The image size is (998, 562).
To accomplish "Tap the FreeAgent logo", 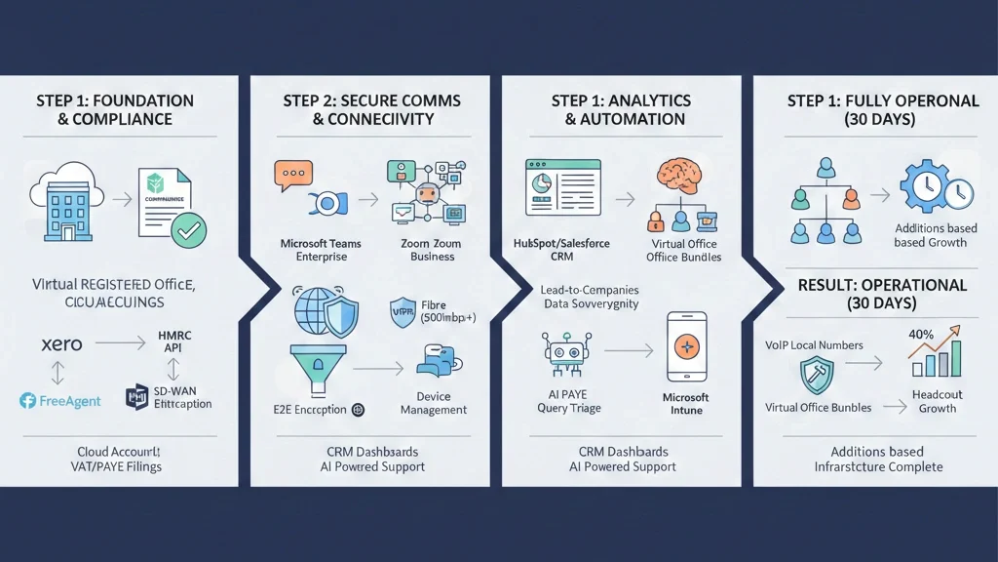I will (x=59, y=400).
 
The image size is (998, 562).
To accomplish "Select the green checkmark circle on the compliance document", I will (x=188, y=230).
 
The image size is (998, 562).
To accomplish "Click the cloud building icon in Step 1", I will (x=67, y=206).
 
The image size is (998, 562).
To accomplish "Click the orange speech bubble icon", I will (x=293, y=176).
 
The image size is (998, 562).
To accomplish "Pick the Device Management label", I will (x=433, y=403).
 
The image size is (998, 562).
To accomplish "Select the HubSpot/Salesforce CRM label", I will (x=560, y=250).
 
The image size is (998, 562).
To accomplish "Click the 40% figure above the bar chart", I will (x=921, y=334).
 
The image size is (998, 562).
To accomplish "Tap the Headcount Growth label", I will (x=937, y=401).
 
